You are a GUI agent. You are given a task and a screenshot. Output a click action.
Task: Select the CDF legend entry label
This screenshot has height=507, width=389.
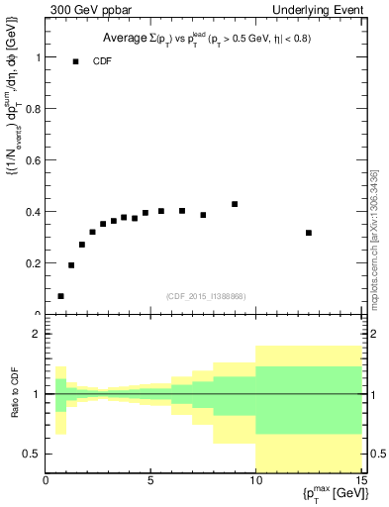(x=103, y=61)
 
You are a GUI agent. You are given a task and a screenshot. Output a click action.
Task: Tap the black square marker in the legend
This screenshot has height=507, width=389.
(x=75, y=61)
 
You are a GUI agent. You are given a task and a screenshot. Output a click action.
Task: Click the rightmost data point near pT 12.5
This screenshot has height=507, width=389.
(x=309, y=233)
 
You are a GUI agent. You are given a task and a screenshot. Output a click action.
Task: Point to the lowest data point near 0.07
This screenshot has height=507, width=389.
(x=60, y=296)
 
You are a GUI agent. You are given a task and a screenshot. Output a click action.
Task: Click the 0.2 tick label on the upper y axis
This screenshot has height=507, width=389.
(x=32, y=263)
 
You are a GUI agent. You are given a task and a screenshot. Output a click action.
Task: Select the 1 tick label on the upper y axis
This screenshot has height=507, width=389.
(x=37, y=57)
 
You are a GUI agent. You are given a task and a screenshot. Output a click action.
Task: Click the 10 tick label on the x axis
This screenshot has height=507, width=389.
(x=254, y=482)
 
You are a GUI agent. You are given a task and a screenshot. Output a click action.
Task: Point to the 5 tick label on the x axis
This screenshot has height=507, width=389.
(x=150, y=482)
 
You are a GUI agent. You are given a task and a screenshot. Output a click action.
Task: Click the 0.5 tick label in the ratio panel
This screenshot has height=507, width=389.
(x=32, y=454)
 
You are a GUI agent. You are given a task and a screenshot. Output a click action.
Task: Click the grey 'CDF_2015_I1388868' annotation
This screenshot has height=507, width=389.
(x=206, y=297)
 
